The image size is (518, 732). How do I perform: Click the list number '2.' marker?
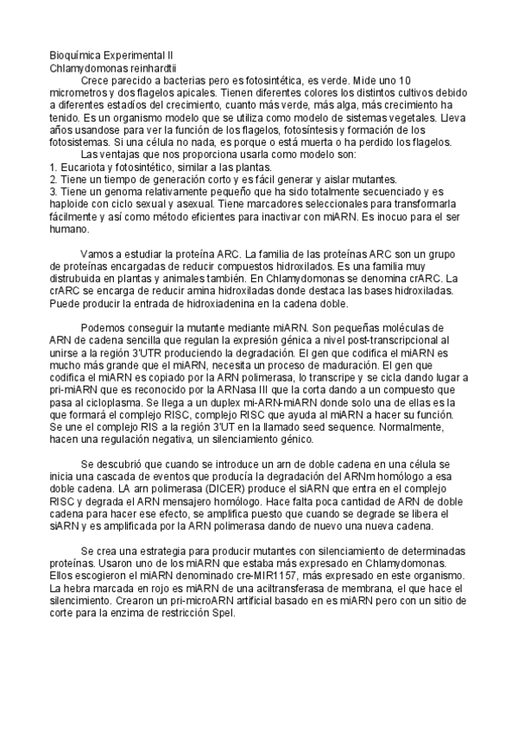[x=54, y=180]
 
